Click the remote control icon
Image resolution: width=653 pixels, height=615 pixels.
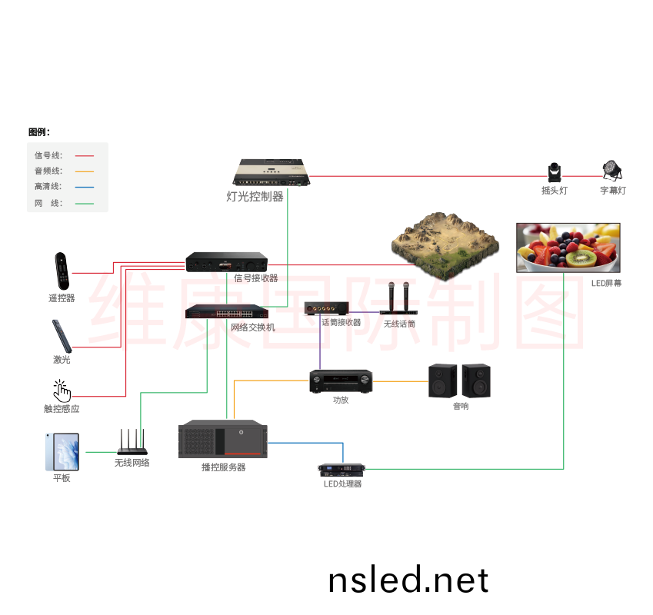[62, 271]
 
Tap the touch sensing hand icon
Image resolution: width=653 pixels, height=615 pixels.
[62, 391]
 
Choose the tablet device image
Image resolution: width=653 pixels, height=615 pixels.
[62, 451]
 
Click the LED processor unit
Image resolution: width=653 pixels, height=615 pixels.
[341, 470]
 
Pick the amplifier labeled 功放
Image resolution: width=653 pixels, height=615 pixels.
[341, 381]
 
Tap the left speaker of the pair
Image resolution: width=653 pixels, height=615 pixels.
[442, 380]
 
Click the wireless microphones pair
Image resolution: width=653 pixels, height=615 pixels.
[398, 300]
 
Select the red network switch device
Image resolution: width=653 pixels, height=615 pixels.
[225, 312]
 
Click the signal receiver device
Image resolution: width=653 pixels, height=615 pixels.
[226, 262]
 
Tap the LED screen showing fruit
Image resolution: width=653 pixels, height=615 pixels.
[568, 247]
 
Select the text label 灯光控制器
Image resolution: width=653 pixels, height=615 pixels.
[255, 197]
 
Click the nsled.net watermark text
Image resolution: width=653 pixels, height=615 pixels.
[408, 580]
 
